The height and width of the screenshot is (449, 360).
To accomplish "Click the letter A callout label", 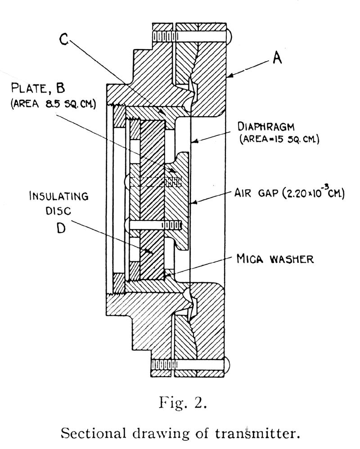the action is (x=277, y=58).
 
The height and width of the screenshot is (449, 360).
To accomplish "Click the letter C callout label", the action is (x=63, y=39).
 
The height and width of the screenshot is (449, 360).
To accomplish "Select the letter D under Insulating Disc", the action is (x=60, y=228).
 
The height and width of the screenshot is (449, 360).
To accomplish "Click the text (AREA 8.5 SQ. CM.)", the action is (x=53, y=103).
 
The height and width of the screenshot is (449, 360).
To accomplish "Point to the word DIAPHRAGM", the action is (x=266, y=126).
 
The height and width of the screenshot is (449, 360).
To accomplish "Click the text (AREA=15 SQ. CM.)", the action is (x=279, y=139).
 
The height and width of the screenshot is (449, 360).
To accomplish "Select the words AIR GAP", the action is (x=256, y=193).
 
